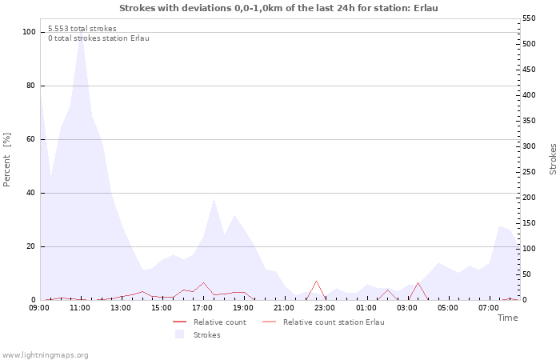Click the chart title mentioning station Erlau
click(x=278, y=8)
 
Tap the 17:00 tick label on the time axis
click(x=202, y=308)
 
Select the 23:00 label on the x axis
click(x=325, y=308)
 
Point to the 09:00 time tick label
click(x=39, y=308)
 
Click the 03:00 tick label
click(x=406, y=308)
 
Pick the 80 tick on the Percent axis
click(x=31, y=86)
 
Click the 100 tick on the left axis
click(x=29, y=32)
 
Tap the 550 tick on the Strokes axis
click(x=529, y=18)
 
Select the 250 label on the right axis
click(x=529, y=172)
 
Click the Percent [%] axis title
click(x=6, y=160)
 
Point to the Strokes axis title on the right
click(x=553, y=159)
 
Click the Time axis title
click(x=507, y=318)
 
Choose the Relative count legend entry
click(x=210, y=322)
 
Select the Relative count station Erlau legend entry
click(x=323, y=322)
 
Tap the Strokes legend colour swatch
click(x=179, y=334)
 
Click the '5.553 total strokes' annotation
click(x=82, y=29)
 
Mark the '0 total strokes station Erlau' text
click(x=98, y=38)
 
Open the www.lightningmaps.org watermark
click(x=45, y=355)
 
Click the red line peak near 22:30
click(x=316, y=281)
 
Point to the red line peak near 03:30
click(x=418, y=282)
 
